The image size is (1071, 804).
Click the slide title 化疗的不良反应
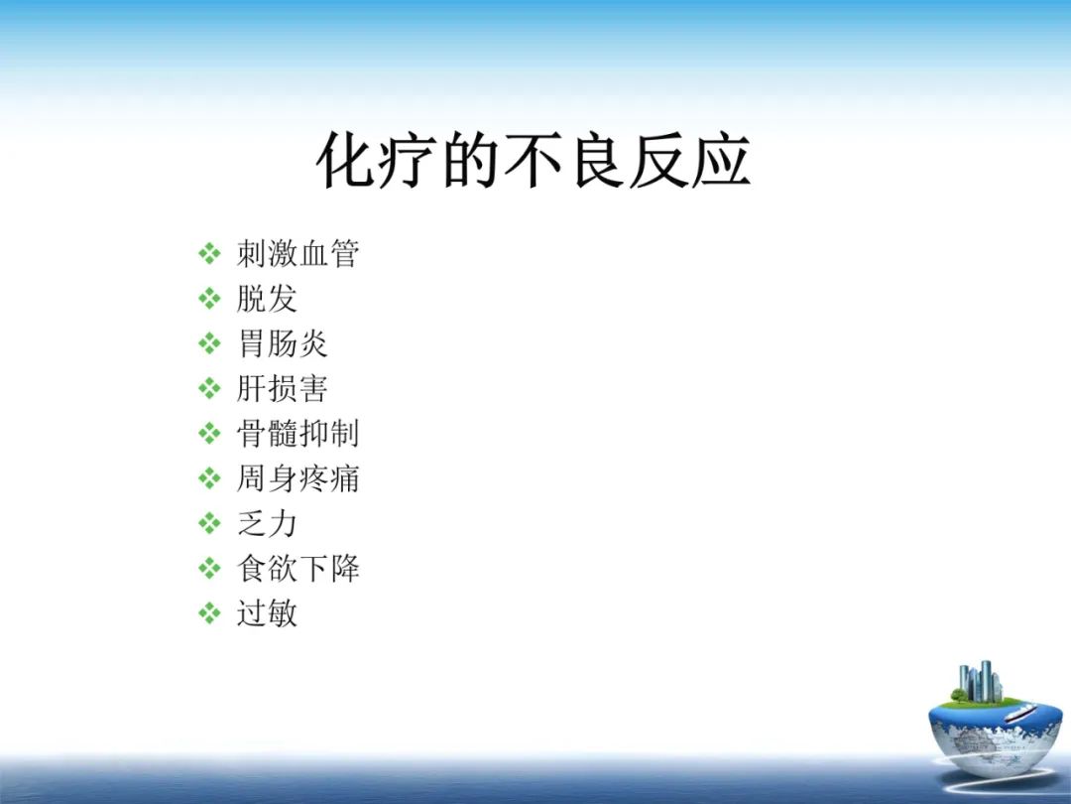coord(533,162)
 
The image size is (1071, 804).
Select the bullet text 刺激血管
coord(297,254)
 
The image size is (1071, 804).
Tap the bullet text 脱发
coord(267,299)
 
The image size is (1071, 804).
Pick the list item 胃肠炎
coord(283,343)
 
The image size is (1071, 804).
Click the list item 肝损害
coord(283,388)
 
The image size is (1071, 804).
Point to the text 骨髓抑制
coord(297,434)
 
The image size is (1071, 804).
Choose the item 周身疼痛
coord(297,478)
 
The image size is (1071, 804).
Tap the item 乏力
coord(267,523)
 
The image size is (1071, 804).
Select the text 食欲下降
coord(297,569)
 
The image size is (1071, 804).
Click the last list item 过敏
coord(267,613)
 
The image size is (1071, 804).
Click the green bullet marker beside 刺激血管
coord(209,254)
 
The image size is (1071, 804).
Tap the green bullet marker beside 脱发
coord(209,299)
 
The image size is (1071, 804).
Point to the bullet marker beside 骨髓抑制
coord(209,434)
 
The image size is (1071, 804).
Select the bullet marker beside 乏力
coord(209,523)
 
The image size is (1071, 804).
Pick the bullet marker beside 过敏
coord(209,613)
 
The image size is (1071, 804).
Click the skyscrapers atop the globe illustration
coord(978,682)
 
